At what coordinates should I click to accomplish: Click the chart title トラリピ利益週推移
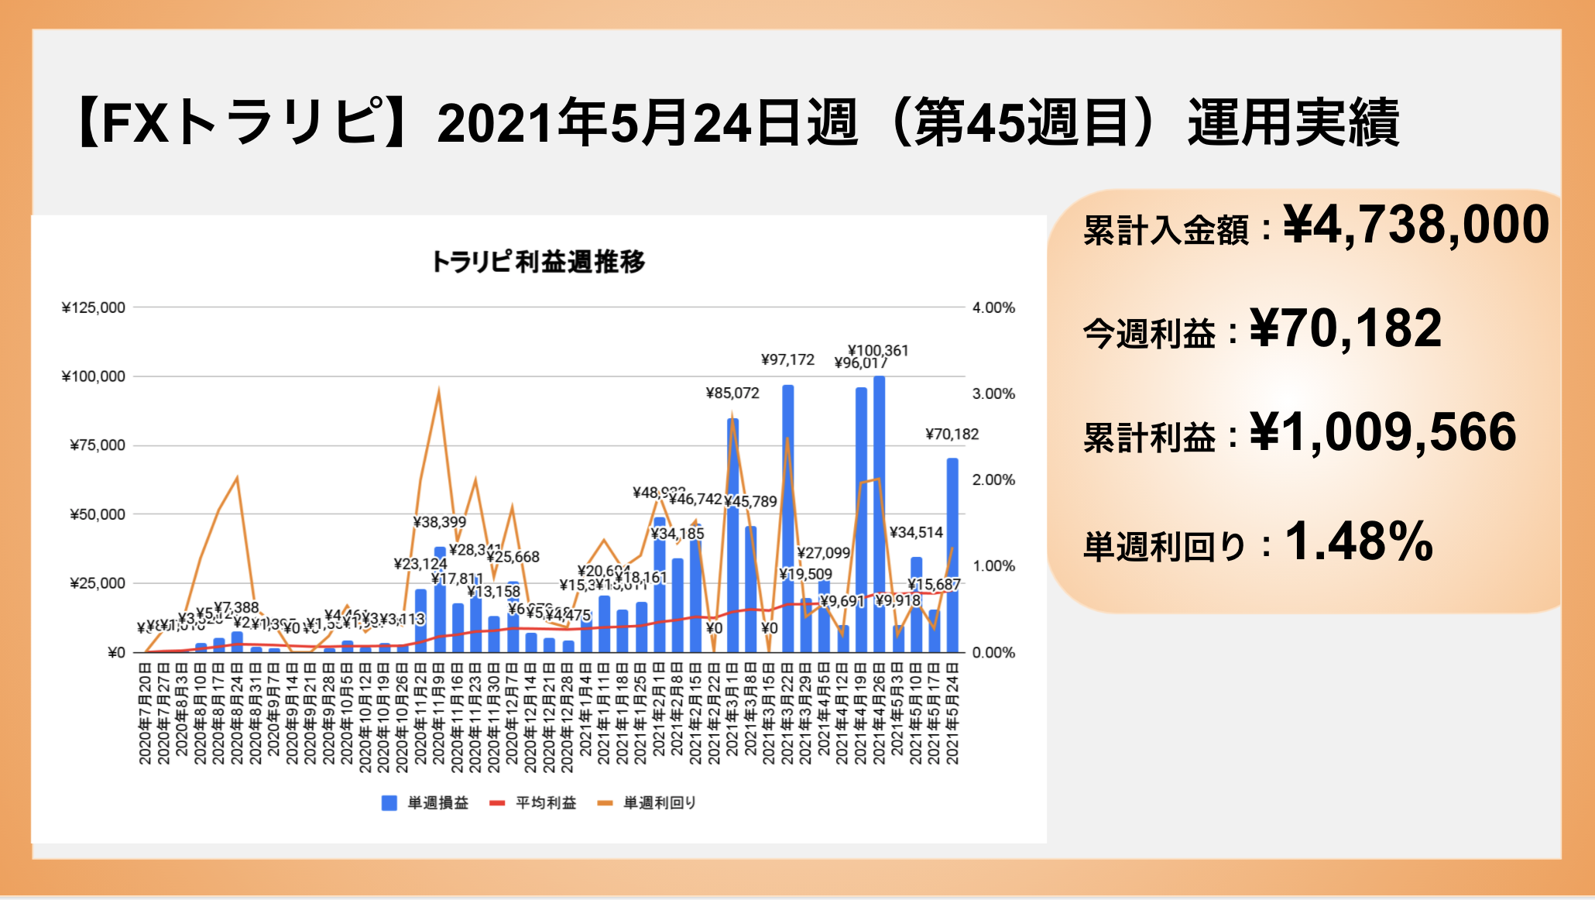point(537,262)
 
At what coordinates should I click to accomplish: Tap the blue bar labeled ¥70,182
point(952,555)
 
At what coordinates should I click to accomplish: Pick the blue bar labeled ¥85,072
point(732,534)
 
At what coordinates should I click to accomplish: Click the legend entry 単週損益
point(426,803)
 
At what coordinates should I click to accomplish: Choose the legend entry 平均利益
point(534,803)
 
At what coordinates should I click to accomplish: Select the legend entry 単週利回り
point(648,803)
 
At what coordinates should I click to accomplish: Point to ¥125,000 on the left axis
point(94,307)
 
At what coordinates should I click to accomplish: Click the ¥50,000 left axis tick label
point(98,514)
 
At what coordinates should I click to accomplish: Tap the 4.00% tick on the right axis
point(993,307)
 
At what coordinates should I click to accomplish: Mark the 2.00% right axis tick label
point(993,480)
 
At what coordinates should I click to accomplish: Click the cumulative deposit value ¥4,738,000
point(1416,225)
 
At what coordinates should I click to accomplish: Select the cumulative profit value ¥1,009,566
point(1383,432)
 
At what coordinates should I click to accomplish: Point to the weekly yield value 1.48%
point(1359,541)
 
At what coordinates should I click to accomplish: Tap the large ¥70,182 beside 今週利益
point(1346,328)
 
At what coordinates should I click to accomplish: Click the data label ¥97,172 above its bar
point(787,359)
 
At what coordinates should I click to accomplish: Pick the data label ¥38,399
point(440,522)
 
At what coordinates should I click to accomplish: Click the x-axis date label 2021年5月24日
point(952,713)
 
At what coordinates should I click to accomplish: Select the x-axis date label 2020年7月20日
point(145,713)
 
